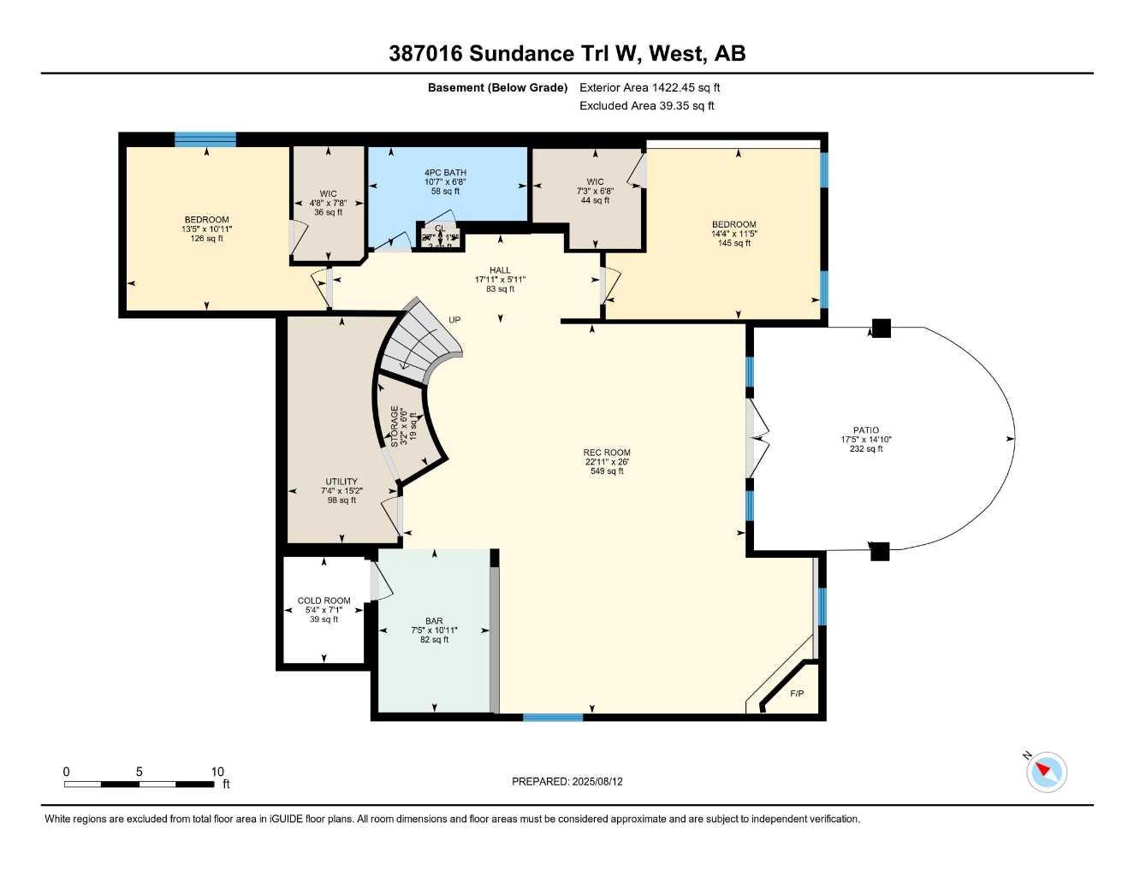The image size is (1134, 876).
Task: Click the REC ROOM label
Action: tap(606, 453)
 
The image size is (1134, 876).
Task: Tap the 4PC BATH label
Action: tap(445, 173)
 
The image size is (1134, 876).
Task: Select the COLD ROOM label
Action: tap(324, 601)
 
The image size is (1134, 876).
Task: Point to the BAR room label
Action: tap(434, 621)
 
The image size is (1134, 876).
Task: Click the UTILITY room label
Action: tap(341, 482)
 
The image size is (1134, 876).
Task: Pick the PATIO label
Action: tap(865, 430)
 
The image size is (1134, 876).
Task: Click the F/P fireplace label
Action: tap(796, 693)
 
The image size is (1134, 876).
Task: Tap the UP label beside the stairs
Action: tap(454, 320)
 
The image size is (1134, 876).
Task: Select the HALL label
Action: tap(500, 270)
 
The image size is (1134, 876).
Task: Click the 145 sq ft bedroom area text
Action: tap(733, 243)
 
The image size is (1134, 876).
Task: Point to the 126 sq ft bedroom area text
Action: tap(206, 239)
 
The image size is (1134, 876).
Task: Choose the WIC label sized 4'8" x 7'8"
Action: tap(328, 193)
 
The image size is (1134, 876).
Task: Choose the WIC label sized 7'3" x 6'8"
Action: tap(595, 181)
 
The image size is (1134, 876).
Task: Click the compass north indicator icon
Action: tap(1045, 771)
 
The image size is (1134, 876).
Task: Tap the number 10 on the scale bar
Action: tap(217, 772)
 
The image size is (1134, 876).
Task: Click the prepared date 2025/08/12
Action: tap(567, 781)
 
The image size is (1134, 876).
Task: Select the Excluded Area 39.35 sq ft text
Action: tap(646, 106)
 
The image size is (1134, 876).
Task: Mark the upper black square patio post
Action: tap(881, 328)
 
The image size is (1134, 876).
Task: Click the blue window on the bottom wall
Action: tap(553, 717)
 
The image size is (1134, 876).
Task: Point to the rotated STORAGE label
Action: tap(395, 426)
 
